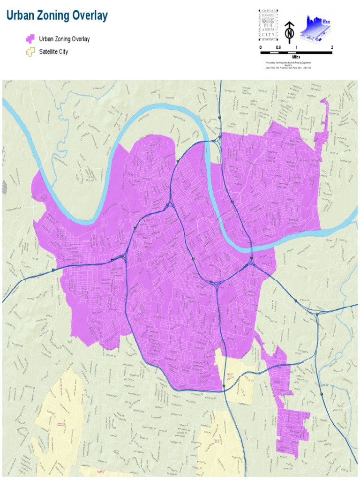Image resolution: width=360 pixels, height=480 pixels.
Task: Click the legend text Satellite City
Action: click(x=53, y=52)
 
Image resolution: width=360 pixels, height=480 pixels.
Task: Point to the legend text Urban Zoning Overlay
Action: click(x=65, y=39)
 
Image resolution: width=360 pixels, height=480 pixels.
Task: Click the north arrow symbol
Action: click(x=290, y=32)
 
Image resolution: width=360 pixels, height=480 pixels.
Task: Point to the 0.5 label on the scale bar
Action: click(x=278, y=48)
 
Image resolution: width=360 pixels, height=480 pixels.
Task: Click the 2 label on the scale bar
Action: click(x=332, y=48)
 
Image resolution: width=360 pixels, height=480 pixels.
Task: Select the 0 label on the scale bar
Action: click(x=261, y=48)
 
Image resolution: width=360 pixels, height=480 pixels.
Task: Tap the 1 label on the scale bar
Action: click(x=296, y=48)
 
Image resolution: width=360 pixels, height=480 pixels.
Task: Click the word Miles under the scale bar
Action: click(x=296, y=57)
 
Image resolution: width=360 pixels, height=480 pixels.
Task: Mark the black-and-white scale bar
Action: click(x=296, y=52)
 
